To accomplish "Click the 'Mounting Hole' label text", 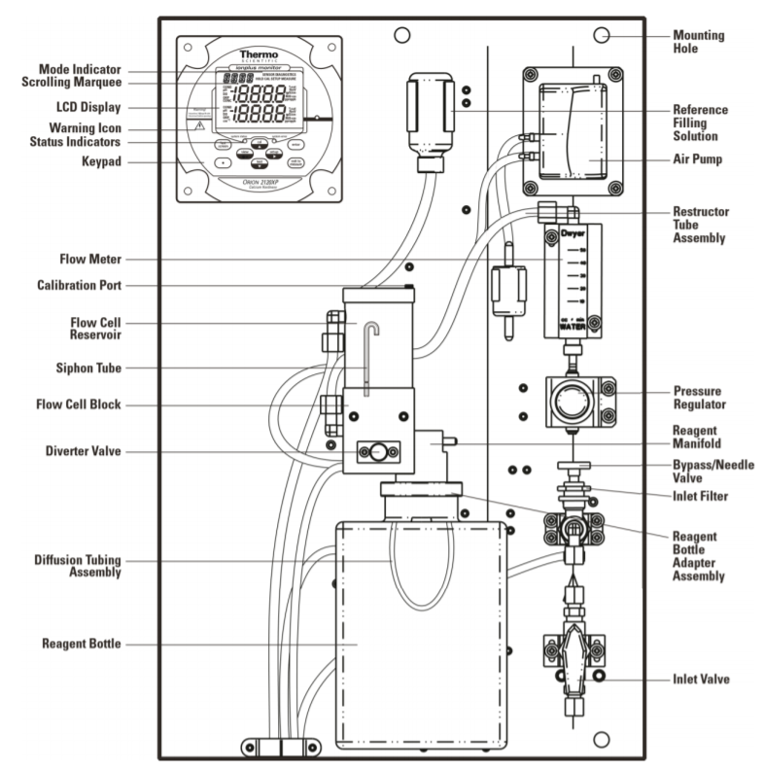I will [x=697, y=40].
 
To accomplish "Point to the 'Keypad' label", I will [x=102, y=160].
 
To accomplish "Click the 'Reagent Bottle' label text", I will [x=83, y=644].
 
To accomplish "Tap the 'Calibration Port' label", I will [x=78, y=286].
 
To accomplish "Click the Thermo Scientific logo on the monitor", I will [x=260, y=56].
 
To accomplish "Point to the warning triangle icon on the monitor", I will [x=198, y=127].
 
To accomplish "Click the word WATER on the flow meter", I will [x=573, y=327].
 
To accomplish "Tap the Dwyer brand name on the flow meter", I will [x=573, y=234].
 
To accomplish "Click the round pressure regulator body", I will [x=573, y=399].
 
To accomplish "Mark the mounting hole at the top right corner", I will [x=602, y=36].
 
